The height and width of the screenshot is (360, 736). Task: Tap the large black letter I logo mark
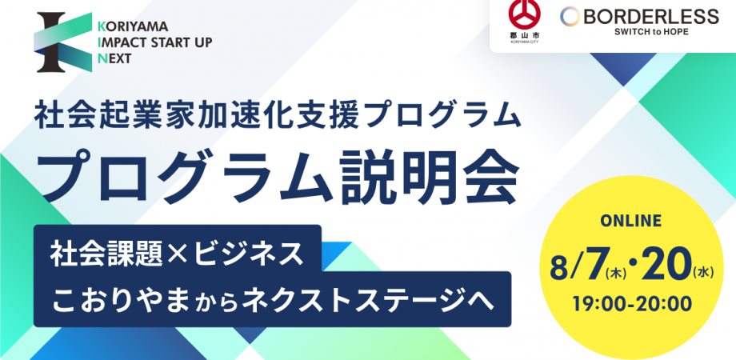[x=51, y=42]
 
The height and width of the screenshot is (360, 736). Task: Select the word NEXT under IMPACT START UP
[x=114, y=58]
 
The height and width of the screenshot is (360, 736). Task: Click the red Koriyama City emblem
[x=525, y=14]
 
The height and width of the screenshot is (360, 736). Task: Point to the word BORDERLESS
[x=651, y=17]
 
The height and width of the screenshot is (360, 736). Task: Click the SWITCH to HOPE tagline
[x=651, y=32]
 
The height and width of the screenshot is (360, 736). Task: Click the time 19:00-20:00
[x=632, y=304]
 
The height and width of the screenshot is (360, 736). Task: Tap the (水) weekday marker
[x=702, y=273]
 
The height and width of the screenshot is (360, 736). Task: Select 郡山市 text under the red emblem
[x=524, y=35]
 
